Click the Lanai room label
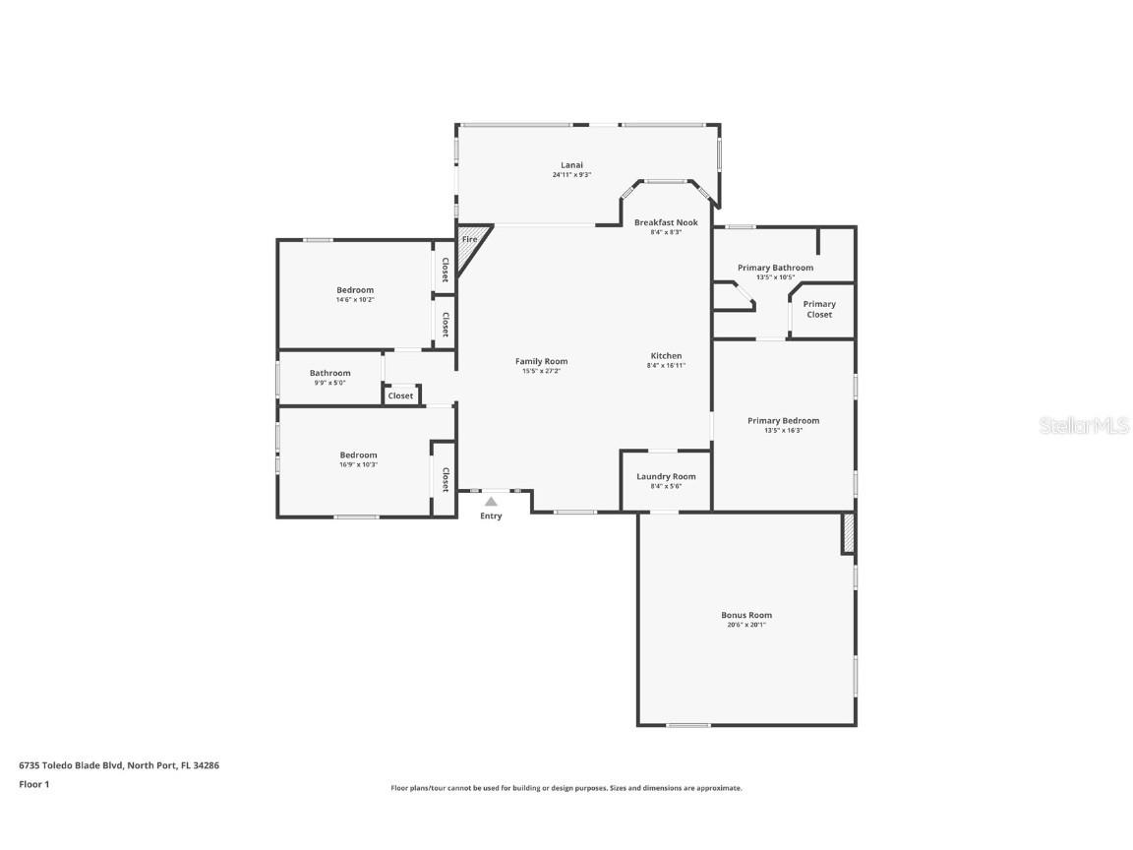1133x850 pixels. click(x=570, y=164)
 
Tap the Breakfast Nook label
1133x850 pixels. click(x=665, y=222)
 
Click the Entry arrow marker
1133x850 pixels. click(x=491, y=502)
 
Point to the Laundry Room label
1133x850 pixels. click(x=665, y=476)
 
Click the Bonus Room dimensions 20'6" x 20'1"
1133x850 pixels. click(x=746, y=625)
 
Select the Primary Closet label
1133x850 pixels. click(x=819, y=309)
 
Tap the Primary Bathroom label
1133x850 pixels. click(x=775, y=268)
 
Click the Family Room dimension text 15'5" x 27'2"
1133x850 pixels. click(x=541, y=371)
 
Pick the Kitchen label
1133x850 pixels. click(x=666, y=355)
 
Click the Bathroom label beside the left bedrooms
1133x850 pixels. click(x=329, y=373)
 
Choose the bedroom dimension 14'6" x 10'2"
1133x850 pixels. click(x=355, y=299)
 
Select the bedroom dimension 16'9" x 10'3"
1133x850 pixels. click(x=358, y=464)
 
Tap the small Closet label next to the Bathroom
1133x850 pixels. click(x=400, y=395)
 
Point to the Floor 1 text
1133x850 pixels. click(x=33, y=784)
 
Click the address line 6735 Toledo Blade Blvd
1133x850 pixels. click(x=118, y=764)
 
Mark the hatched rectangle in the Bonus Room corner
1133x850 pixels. click(x=848, y=533)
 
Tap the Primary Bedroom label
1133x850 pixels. click(x=783, y=420)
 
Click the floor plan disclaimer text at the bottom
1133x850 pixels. click(x=566, y=788)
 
